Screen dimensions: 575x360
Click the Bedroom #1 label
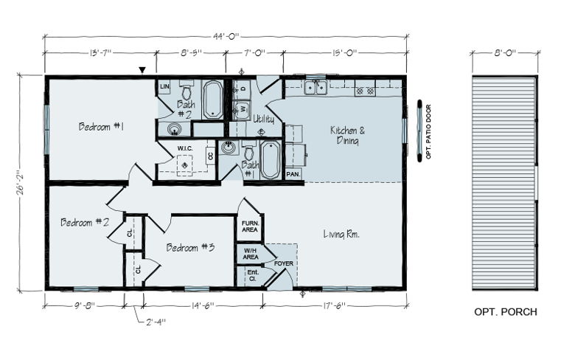(101, 127)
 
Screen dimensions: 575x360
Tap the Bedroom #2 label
(85, 222)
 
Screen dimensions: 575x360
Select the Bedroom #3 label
(190, 248)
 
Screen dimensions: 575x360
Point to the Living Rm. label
(341, 234)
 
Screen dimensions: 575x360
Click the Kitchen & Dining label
(348, 135)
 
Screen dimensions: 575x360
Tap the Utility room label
(264, 120)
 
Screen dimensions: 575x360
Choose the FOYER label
(284, 263)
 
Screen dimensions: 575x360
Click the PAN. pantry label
(293, 174)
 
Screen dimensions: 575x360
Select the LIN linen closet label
(164, 86)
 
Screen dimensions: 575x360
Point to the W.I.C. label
(185, 148)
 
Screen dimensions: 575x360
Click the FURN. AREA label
(250, 226)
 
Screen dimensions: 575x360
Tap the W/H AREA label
(250, 254)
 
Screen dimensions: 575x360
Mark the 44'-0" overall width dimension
(226, 36)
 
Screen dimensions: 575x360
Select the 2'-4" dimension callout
(156, 322)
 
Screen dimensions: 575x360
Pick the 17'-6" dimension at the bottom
(334, 305)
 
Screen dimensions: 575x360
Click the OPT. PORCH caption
(506, 312)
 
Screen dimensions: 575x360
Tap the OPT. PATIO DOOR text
(428, 132)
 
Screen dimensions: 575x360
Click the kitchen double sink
(316, 88)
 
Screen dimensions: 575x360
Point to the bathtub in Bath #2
(213, 99)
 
